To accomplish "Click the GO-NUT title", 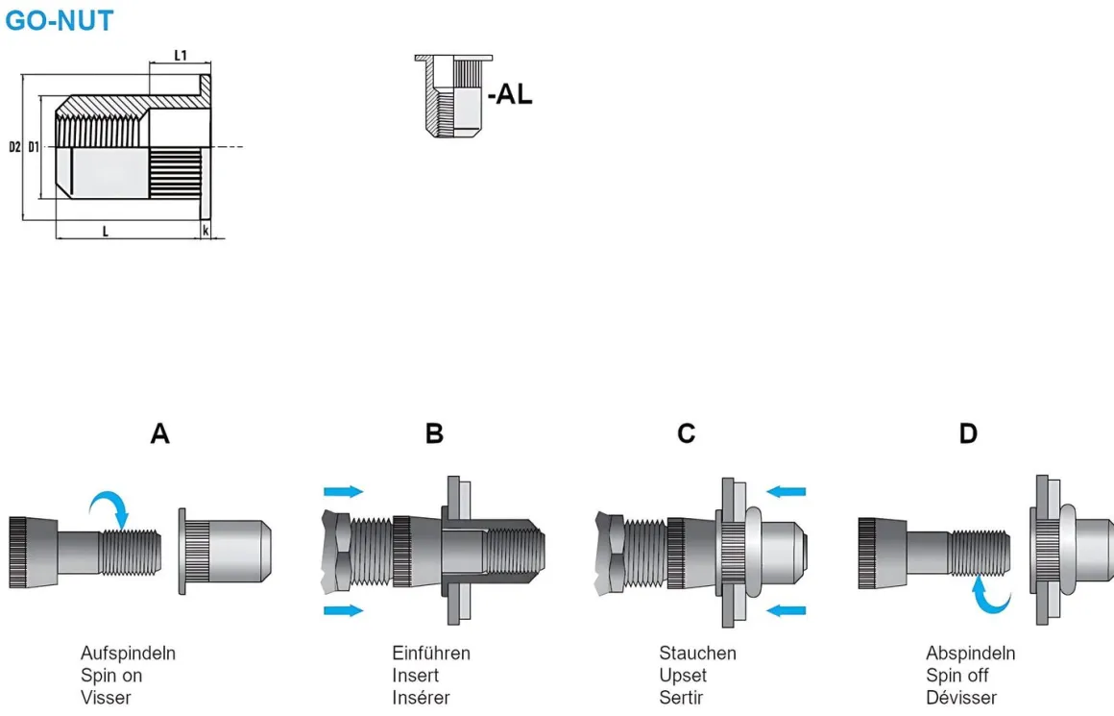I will pyautogui.click(x=60, y=20).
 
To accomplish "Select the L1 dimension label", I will pyautogui.click(x=181, y=57).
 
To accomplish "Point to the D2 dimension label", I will pyautogui.click(x=14, y=147).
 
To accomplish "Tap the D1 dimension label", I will pyautogui.click(x=34, y=147).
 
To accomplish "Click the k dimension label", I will pyautogui.click(x=206, y=231).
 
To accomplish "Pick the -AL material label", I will pyautogui.click(x=509, y=95).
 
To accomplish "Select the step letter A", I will pyautogui.click(x=159, y=434).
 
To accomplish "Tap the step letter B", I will pyautogui.click(x=434, y=434).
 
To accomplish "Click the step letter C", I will pyautogui.click(x=686, y=434).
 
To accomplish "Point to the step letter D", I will pyautogui.click(x=968, y=434).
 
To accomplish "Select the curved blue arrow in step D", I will pyautogui.click(x=989, y=594).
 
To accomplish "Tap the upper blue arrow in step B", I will pyautogui.click(x=344, y=491).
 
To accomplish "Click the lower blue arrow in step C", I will pyautogui.click(x=787, y=609).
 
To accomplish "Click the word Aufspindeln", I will pyautogui.click(x=128, y=654).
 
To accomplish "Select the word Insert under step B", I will pyautogui.click(x=415, y=676).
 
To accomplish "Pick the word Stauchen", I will pyautogui.click(x=697, y=654).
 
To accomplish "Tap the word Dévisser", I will pyautogui.click(x=960, y=698).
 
